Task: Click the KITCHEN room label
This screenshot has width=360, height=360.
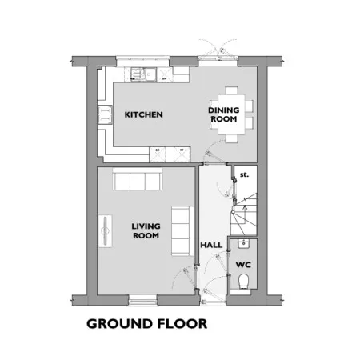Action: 143,114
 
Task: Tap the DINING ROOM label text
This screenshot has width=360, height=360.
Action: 223,114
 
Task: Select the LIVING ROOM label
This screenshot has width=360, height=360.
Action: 146,231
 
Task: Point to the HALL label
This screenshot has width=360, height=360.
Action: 211,245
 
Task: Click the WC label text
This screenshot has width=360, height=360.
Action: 243,265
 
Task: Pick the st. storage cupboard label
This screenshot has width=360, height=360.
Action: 244,175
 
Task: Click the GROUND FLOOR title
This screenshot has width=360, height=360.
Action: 147,324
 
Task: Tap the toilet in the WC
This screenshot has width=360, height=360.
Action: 243,282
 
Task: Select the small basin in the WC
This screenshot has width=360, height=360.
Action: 243,244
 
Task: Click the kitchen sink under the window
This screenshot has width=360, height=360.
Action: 143,74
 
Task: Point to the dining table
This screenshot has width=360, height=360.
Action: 231,114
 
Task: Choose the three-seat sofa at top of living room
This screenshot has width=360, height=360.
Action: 138,179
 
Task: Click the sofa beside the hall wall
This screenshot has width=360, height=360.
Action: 182,231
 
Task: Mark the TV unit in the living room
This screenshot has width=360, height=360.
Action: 105,231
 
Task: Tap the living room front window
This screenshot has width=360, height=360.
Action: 142,300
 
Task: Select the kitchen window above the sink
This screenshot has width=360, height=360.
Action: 143,61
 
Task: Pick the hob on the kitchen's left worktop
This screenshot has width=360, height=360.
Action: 105,114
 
